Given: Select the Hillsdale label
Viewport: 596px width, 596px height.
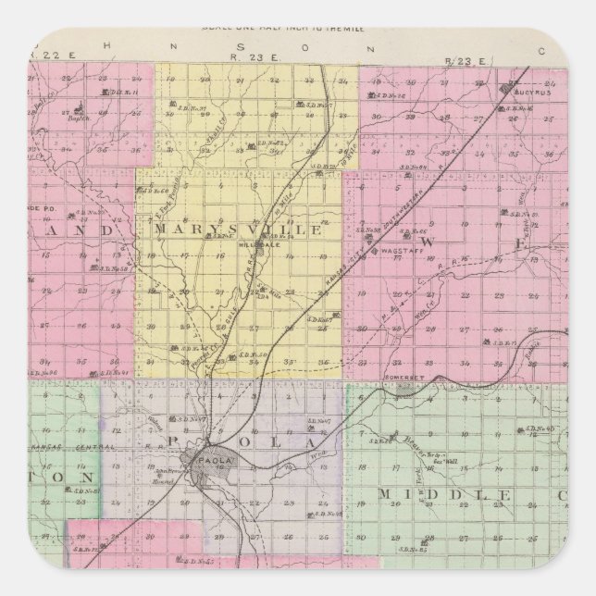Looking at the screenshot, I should pos(253,246).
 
